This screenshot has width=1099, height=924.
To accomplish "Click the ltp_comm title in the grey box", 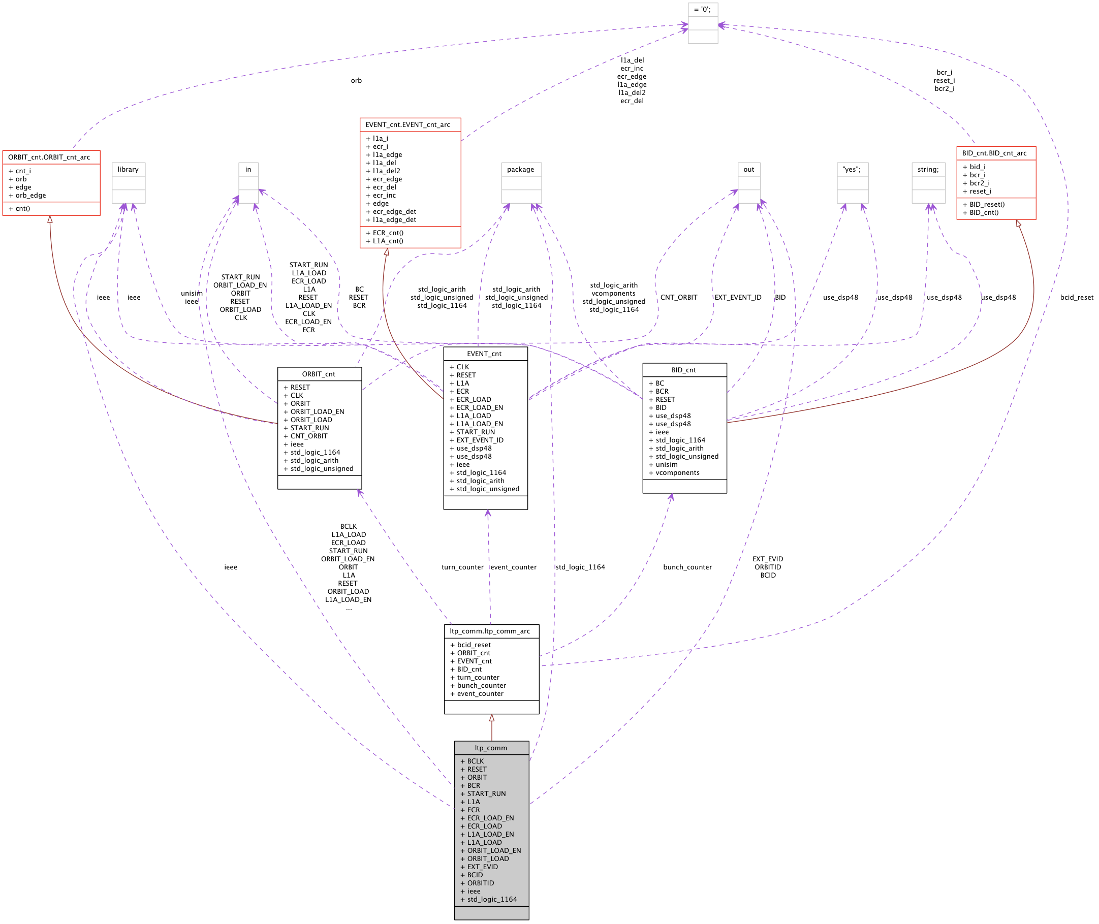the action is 491,748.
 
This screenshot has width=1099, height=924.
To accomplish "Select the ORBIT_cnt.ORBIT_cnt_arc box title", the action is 49,157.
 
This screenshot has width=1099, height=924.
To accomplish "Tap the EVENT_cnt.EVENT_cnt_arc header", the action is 407,124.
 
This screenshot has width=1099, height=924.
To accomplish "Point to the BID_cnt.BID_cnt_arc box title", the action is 994,153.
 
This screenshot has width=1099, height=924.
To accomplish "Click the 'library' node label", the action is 128,170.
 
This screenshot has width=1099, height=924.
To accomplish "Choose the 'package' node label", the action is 521,170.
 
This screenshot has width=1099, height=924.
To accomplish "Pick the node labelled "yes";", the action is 852,170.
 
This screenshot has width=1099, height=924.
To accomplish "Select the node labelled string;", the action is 928,170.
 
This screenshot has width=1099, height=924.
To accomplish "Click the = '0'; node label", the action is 703,10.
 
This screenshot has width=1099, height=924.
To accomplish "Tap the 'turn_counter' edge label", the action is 462,567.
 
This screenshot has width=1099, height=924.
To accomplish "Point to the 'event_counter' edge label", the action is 513,567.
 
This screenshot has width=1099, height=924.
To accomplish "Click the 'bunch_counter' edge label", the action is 687,567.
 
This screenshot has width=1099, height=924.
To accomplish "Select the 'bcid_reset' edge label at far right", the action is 1077,298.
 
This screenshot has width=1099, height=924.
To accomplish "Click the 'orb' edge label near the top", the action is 356,81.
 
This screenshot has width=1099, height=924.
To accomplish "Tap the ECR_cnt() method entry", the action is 385,233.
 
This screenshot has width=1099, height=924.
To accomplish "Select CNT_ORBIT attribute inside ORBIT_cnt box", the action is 305,436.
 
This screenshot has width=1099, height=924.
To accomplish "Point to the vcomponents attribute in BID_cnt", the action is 674,473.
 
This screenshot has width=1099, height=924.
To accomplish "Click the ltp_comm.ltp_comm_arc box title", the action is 490,631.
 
